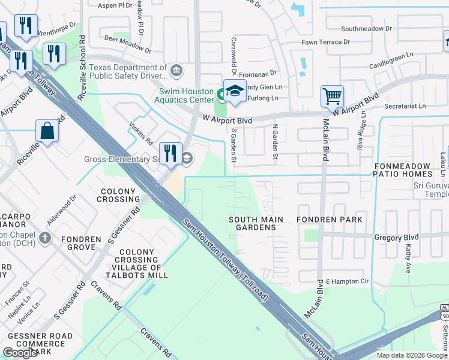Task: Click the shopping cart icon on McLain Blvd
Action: (332, 96)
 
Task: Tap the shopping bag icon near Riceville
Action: (47, 131)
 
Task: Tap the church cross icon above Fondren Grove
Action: (44, 238)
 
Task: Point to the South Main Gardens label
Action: (256, 224)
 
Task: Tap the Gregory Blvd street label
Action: (396, 238)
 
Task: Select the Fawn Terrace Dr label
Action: (326, 42)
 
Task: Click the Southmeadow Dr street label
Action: (366, 28)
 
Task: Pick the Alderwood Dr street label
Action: (62, 208)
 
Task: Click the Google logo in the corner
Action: (20, 353)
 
